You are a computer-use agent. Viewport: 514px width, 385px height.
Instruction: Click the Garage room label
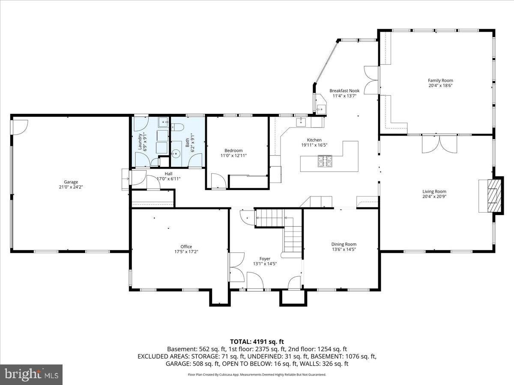click(x=71, y=182)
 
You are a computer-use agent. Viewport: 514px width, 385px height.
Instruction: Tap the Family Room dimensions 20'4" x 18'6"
click(x=440, y=86)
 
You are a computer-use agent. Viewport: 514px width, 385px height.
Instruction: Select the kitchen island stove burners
click(x=325, y=161)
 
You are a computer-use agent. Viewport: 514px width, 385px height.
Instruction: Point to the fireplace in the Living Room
click(x=495, y=195)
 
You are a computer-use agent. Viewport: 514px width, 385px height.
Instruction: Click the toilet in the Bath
click(x=177, y=127)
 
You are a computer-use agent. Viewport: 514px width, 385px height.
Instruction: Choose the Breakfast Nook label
click(x=344, y=91)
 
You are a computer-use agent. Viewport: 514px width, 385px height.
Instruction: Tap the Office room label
click(x=186, y=247)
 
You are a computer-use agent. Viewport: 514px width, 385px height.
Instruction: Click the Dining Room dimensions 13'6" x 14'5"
click(x=344, y=249)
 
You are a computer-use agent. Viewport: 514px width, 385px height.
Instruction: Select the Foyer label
click(x=265, y=259)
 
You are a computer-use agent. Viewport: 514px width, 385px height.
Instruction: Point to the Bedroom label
click(x=233, y=151)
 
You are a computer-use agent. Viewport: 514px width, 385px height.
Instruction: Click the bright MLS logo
click(x=31, y=374)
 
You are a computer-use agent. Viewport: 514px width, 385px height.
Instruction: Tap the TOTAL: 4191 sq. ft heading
click(x=257, y=342)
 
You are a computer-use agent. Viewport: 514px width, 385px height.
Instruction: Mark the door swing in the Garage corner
click(x=20, y=127)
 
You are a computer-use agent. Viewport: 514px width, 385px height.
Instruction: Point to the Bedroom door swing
click(x=218, y=181)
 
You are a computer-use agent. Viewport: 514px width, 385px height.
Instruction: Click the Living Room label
click(x=434, y=192)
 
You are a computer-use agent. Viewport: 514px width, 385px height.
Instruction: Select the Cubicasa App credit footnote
click(x=257, y=375)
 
